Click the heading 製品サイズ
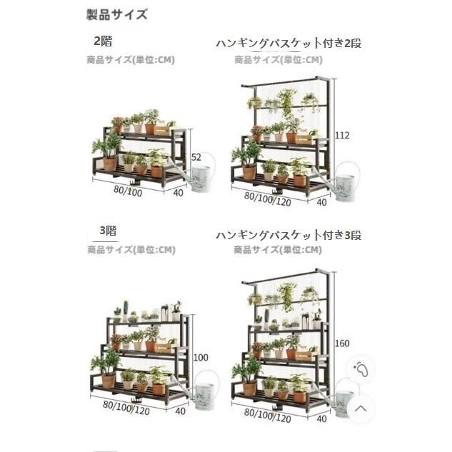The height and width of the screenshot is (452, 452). (x=117, y=14)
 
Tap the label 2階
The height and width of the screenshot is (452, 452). (x=103, y=41)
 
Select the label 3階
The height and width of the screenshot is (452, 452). (x=108, y=231)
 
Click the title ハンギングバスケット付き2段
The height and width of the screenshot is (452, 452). (x=288, y=44)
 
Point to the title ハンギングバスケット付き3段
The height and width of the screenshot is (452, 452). (x=288, y=235)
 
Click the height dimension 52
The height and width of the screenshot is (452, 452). (x=196, y=157)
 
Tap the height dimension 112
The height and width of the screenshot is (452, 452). (x=342, y=135)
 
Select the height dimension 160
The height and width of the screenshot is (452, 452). (x=342, y=343)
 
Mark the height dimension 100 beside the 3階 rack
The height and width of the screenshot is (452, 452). (x=201, y=358)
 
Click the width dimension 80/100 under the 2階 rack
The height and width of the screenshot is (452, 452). (x=128, y=191)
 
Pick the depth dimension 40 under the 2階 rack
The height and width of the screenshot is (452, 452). (x=178, y=193)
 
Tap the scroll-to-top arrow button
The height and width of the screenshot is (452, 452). (x=361, y=408)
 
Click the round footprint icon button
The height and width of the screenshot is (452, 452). (x=361, y=368)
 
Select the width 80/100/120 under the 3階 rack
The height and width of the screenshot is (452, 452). (x=126, y=408)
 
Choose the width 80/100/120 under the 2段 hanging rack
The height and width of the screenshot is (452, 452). (x=268, y=199)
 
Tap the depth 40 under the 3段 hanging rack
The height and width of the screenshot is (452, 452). (x=322, y=418)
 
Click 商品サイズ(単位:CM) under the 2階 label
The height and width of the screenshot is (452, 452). (x=131, y=60)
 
